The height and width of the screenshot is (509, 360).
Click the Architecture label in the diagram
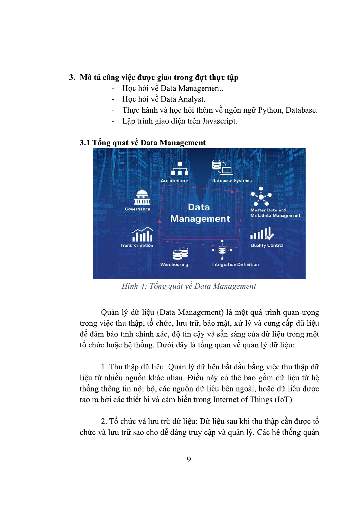[x=174, y=181]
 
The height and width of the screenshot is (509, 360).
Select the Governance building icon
[x=142, y=197]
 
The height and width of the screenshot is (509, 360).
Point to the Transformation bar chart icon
[x=142, y=234]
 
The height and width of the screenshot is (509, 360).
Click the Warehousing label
[x=174, y=265]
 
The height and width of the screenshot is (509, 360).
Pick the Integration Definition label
[x=235, y=265]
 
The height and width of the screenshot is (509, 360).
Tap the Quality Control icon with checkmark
[x=262, y=234]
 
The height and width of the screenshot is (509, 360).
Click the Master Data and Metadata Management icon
[x=261, y=196]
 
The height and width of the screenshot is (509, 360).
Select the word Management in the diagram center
[x=200, y=219]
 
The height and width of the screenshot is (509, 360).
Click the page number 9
[x=189, y=459]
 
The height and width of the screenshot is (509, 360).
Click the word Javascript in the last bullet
[x=219, y=121]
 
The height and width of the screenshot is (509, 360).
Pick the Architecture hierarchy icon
[x=180, y=168]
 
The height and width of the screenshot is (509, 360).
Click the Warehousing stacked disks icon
[x=181, y=254]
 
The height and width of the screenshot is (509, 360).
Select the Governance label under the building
[x=137, y=209]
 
